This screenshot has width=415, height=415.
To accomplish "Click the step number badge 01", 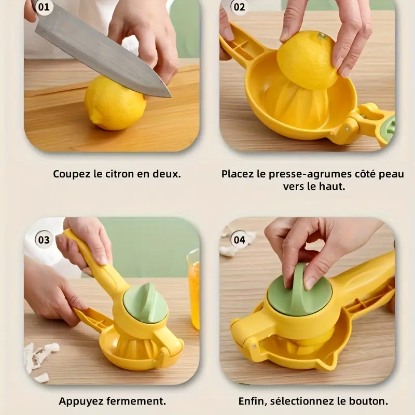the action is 44,7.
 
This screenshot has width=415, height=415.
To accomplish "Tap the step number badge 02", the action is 239,7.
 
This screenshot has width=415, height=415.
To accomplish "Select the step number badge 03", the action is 44,240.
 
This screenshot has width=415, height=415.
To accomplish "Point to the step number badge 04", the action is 239,240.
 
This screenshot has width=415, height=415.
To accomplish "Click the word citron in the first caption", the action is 120,174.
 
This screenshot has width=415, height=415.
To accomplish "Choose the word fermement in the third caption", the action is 136,401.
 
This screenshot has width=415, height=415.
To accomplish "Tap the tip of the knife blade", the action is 171,96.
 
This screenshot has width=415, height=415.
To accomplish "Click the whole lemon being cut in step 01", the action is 115,103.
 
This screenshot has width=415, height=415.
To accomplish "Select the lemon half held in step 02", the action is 308,60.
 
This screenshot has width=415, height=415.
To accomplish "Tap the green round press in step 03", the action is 146,302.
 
